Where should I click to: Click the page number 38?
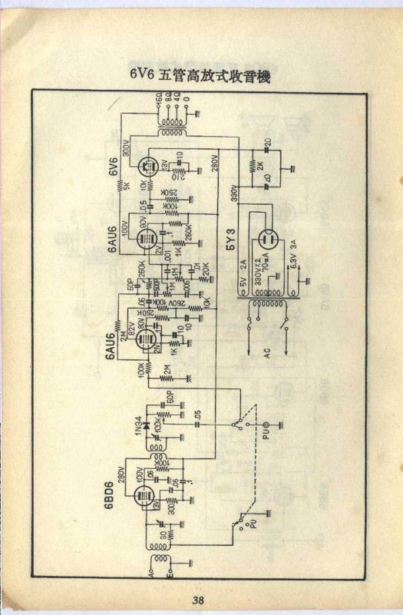(x=197, y=600)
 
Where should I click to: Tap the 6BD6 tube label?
(x=109, y=497)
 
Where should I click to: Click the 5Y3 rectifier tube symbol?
(x=269, y=242)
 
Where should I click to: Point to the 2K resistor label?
(x=261, y=167)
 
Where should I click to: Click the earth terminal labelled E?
(x=170, y=575)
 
